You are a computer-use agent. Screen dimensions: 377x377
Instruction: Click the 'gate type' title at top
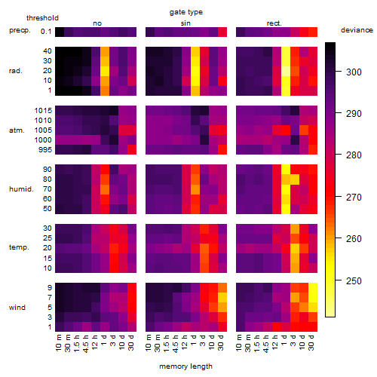(186, 12)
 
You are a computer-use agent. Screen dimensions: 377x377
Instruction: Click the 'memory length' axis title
(185, 366)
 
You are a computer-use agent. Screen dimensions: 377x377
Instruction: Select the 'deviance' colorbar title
(357, 30)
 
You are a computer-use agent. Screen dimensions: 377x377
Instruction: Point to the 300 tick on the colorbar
(339, 72)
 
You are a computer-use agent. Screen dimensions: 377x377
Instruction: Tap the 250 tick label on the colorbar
(354, 280)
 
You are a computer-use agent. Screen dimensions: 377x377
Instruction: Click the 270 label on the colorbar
(354, 198)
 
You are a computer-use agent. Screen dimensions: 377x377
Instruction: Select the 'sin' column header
(185, 23)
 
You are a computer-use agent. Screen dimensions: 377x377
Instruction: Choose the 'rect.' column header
(274, 23)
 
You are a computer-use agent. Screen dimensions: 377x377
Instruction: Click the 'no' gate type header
(97, 23)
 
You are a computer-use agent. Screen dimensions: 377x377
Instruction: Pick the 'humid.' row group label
(21, 189)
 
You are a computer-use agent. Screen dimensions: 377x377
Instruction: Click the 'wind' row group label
(17, 308)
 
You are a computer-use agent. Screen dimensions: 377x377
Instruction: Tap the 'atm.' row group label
(17, 130)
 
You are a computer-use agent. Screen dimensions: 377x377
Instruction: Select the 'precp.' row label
(20, 31)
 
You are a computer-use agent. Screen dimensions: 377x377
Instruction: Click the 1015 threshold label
(43, 111)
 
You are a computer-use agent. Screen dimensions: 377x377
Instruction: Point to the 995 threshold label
(45, 150)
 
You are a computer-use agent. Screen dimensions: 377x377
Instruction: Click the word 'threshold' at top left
(42, 18)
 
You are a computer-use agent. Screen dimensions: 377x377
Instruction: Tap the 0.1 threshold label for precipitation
(46, 32)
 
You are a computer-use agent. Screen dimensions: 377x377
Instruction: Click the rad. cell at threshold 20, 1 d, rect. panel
(286, 71)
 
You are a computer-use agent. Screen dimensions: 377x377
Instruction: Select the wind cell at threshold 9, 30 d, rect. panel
(313, 288)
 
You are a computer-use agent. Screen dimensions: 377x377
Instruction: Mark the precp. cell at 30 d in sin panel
(222, 32)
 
